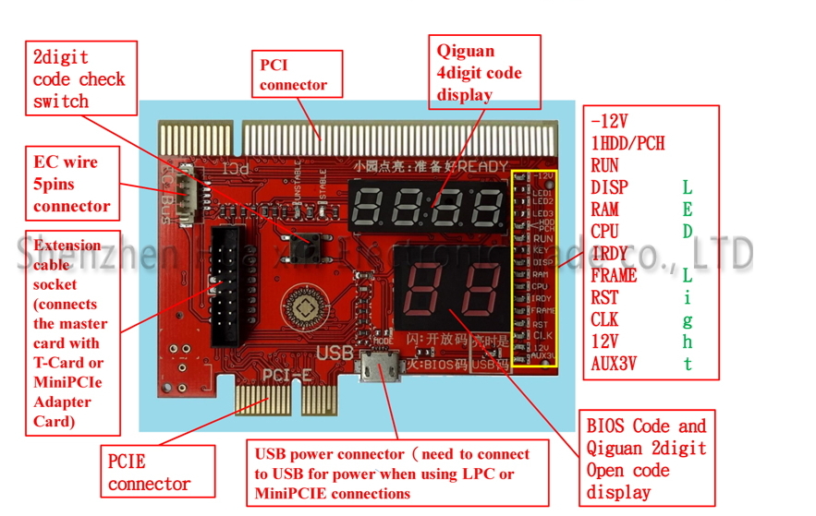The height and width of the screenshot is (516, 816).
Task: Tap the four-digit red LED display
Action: coord(424,205)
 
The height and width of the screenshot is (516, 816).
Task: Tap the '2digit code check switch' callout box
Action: coord(79,79)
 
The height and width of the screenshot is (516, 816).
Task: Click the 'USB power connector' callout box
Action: coord(398,472)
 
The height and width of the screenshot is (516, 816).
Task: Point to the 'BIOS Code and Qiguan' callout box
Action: coord(646,459)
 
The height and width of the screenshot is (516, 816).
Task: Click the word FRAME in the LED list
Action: coord(614,275)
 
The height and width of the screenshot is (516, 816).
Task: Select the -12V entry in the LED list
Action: coord(609,121)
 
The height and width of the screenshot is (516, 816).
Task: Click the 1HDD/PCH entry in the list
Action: coord(627,143)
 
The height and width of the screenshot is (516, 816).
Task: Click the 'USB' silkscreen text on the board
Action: coord(334,354)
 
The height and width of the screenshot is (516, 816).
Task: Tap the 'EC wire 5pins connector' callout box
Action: coord(73,184)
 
